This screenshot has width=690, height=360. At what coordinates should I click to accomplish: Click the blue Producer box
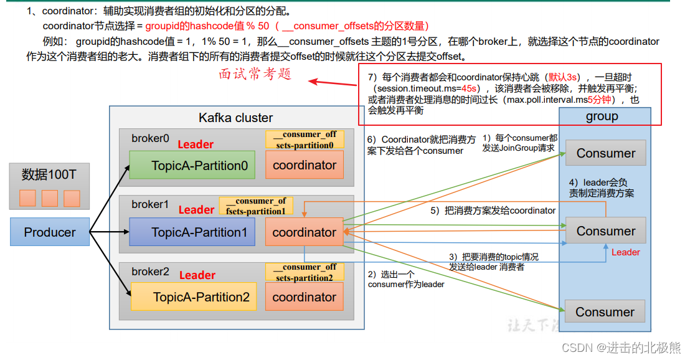[x=50, y=232]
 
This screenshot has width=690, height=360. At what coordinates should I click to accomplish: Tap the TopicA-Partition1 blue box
[x=192, y=232]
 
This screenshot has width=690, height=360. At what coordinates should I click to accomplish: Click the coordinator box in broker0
[x=304, y=166]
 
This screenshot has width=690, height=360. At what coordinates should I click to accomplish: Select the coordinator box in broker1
[x=304, y=232]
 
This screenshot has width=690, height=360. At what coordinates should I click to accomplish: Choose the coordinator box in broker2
[x=304, y=297]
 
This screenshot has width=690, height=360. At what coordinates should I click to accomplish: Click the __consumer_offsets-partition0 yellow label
[x=305, y=140]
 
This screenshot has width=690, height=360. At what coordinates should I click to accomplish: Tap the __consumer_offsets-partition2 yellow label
[x=305, y=272]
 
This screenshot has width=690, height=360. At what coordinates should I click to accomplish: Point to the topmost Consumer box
[x=605, y=153]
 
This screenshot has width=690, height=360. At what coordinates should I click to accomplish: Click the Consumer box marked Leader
[x=605, y=231]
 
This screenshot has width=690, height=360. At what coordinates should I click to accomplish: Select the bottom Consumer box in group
[x=605, y=312]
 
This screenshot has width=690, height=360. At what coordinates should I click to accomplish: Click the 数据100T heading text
[x=49, y=174]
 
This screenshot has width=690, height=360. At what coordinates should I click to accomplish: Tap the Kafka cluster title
[x=235, y=118]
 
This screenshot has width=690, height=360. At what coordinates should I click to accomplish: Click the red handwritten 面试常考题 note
[x=255, y=74]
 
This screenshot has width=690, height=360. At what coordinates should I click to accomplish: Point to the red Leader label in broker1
[x=196, y=210]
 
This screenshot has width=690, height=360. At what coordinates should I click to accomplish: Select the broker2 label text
[x=150, y=272]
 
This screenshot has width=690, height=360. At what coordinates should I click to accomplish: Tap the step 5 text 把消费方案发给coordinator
[x=493, y=211]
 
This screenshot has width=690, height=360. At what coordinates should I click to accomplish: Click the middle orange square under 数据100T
[x=50, y=198]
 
